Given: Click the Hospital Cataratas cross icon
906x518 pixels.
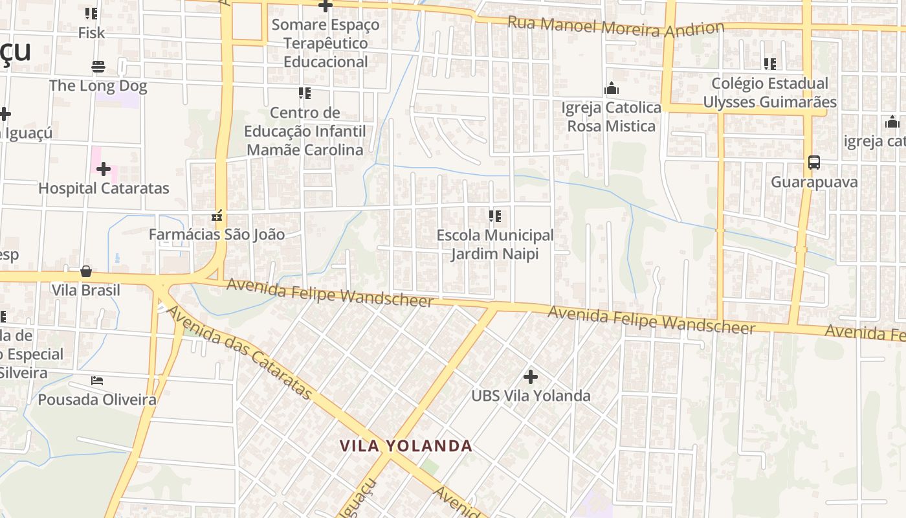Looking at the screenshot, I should pos(104,169).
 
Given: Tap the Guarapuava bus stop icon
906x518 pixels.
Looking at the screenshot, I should pos(814,163).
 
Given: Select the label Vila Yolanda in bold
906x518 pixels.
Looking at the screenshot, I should pos(406,446).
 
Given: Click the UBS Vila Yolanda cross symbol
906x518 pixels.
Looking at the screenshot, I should pos(531,376).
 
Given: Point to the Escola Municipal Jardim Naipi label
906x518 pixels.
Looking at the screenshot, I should pos(495,244).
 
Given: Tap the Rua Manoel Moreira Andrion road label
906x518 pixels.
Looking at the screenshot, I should pos(615,27).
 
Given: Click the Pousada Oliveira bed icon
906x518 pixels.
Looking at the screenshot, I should pos(97,381).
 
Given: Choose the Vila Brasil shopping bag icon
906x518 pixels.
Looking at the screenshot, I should pos(86,271).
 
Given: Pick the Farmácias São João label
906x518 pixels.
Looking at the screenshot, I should pos(216,234).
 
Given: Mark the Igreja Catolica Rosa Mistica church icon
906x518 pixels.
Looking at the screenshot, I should pos(612,89).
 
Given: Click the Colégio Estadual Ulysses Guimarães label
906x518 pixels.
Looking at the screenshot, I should pos(769,93).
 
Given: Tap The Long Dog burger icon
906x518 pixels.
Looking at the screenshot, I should pos(98,67).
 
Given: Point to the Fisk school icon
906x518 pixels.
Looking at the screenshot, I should pos(91,13).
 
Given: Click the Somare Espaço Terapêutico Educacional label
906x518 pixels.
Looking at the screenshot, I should pos(326,43).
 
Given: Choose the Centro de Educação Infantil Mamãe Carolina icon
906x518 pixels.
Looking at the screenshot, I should pos(305,93).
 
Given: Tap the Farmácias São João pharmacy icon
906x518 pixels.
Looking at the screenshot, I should pos(217,216).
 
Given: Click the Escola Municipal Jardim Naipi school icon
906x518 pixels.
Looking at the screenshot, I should pos(495,216).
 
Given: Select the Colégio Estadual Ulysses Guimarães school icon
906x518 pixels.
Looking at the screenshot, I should pos(769,64).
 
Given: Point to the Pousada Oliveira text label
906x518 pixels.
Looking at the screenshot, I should pos(97,400).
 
